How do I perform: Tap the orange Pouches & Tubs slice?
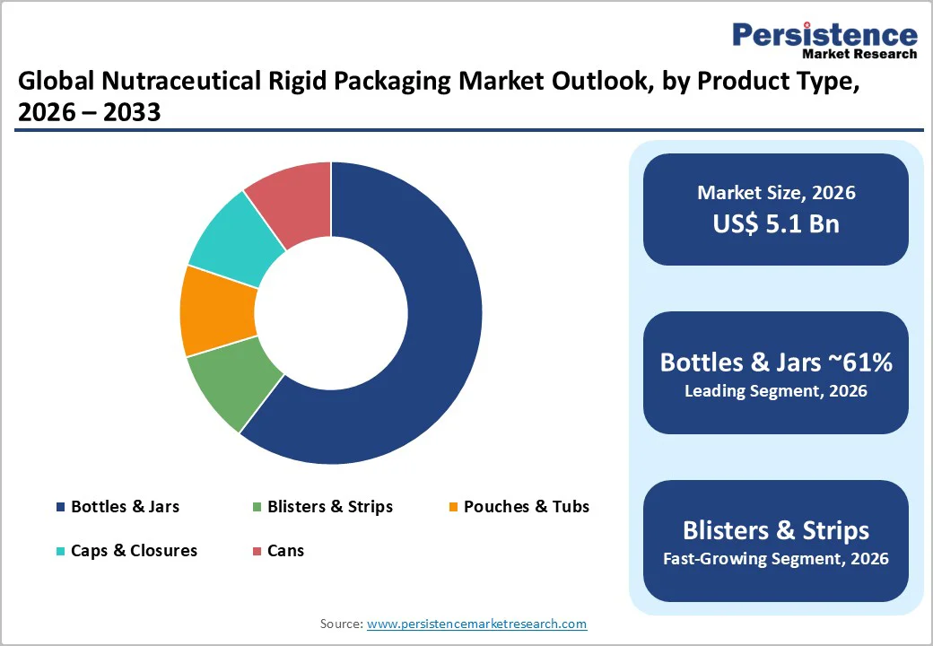click(x=216, y=310)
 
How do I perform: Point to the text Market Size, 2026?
click(x=776, y=192)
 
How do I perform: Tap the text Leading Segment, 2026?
click(x=776, y=391)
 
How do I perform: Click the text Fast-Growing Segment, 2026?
click(x=776, y=559)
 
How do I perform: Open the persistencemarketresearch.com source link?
click(x=476, y=624)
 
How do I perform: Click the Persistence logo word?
click(x=825, y=36)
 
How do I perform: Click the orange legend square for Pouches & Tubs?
click(x=454, y=508)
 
